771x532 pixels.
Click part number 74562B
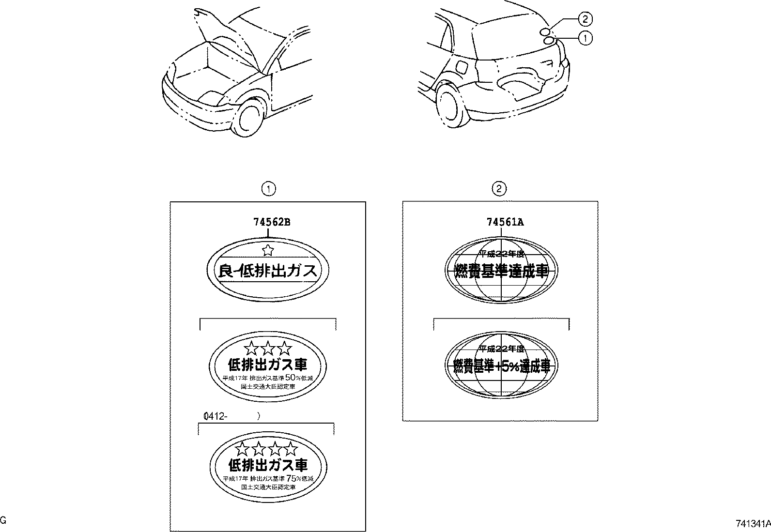click(272, 222)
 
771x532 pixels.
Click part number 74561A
click(505, 222)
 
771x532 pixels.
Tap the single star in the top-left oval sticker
click(267, 250)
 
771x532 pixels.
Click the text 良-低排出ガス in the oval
click(267, 271)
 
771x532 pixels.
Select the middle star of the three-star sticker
click(267, 348)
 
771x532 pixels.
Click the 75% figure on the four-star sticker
click(292, 478)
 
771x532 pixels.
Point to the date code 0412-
click(216, 415)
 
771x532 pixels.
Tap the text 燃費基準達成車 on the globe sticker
click(501, 271)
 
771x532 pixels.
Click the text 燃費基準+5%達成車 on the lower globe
click(501, 367)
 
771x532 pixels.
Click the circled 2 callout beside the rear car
click(585, 19)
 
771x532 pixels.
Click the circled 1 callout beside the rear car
click(585, 38)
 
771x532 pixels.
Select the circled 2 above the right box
click(499, 189)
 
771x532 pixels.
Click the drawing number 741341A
click(752, 523)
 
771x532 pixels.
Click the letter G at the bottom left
click(3, 520)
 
